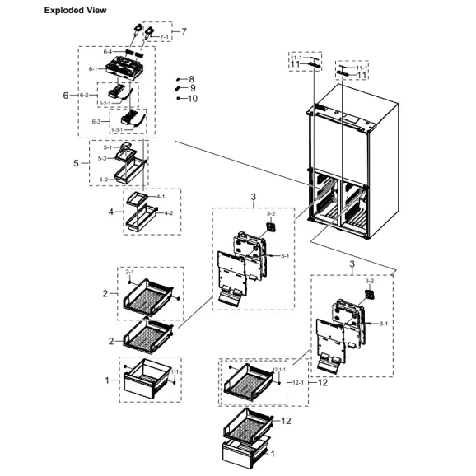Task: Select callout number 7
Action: pos(184,31)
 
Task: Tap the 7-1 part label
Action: pos(165,37)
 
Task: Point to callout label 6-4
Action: pos(107,53)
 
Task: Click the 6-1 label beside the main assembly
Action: pos(93,69)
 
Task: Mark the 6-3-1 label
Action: pos(116,129)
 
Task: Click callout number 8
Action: pos(192,78)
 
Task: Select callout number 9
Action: pos(192,88)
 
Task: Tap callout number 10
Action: pos(192,98)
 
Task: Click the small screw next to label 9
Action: pos(178,89)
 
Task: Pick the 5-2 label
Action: pos(103,179)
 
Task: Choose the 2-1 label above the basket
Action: pos(129,272)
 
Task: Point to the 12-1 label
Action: pos(298,382)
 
